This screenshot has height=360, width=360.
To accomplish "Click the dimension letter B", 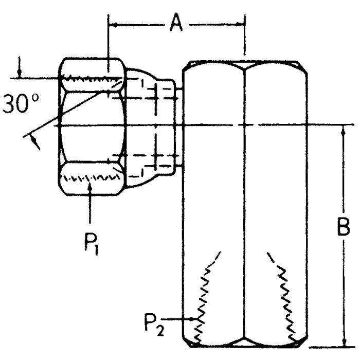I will pos(344,227).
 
